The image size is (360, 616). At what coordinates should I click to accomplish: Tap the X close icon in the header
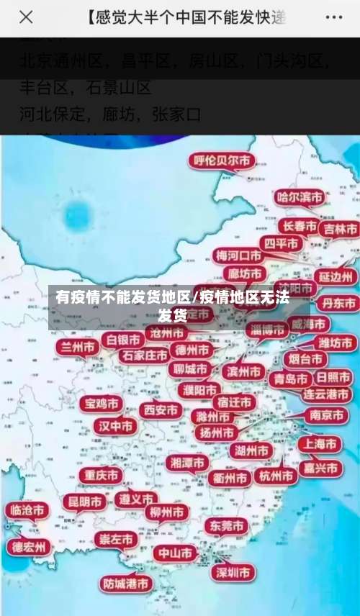27,17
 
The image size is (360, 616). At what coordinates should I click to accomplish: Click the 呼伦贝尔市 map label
222,160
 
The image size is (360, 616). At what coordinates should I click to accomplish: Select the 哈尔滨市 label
301,196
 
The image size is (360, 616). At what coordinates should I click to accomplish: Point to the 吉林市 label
340,229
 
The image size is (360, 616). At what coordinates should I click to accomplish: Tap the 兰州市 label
78,347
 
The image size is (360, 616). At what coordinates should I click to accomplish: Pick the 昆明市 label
84,501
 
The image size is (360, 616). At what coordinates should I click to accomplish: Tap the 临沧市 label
25,510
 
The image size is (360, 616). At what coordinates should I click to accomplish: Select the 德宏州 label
29,547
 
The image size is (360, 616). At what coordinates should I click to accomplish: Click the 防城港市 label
126,583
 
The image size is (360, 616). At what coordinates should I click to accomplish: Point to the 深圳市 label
233,572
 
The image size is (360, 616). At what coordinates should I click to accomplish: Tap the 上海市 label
320,444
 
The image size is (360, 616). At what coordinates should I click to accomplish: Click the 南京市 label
325,415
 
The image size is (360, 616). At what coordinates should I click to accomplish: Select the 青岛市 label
289,379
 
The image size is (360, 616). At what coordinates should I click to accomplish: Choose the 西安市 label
161,410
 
